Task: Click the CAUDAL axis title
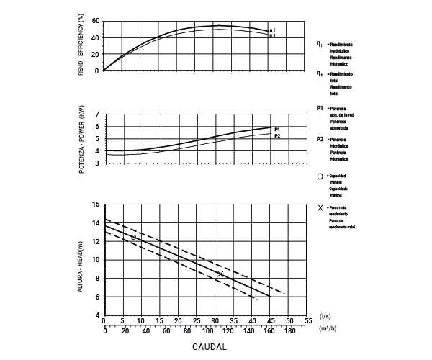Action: pos(210,347)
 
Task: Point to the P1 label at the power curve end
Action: pos(277,128)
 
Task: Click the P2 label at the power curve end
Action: pos(277,135)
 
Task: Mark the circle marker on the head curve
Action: pos(134,237)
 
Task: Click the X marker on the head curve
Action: pos(220,274)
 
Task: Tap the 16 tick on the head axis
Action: pos(96,204)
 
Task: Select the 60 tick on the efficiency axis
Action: pos(96,21)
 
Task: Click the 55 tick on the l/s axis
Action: pos(307,320)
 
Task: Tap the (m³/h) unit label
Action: pos(327,328)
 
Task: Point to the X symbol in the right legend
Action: pos(320,208)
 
